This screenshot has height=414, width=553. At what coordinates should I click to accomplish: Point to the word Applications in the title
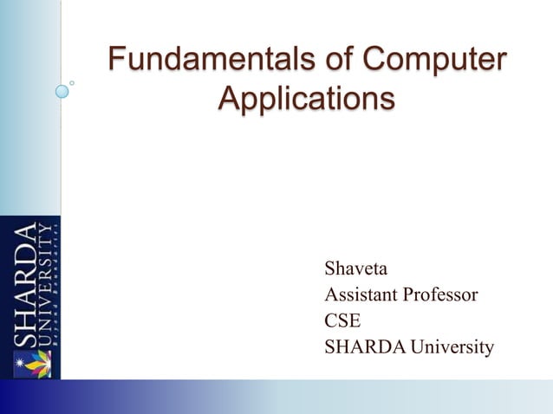(x=305, y=98)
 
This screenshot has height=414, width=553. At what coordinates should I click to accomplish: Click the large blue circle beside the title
(x=62, y=90)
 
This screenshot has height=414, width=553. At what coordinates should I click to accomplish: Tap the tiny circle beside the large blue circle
(x=73, y=83)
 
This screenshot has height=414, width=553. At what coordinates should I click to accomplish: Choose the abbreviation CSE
(x=342, y=320)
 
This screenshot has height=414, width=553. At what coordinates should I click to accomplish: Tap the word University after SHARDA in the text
(x=452, y=347)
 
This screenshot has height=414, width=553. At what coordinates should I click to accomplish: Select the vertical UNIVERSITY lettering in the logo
(x=42, y=287)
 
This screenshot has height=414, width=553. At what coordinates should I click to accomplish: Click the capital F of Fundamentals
(x=115, y=61)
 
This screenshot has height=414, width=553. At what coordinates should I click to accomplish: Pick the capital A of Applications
(x=228, y=98)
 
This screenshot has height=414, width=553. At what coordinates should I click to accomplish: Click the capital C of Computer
(x=374, y=61)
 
